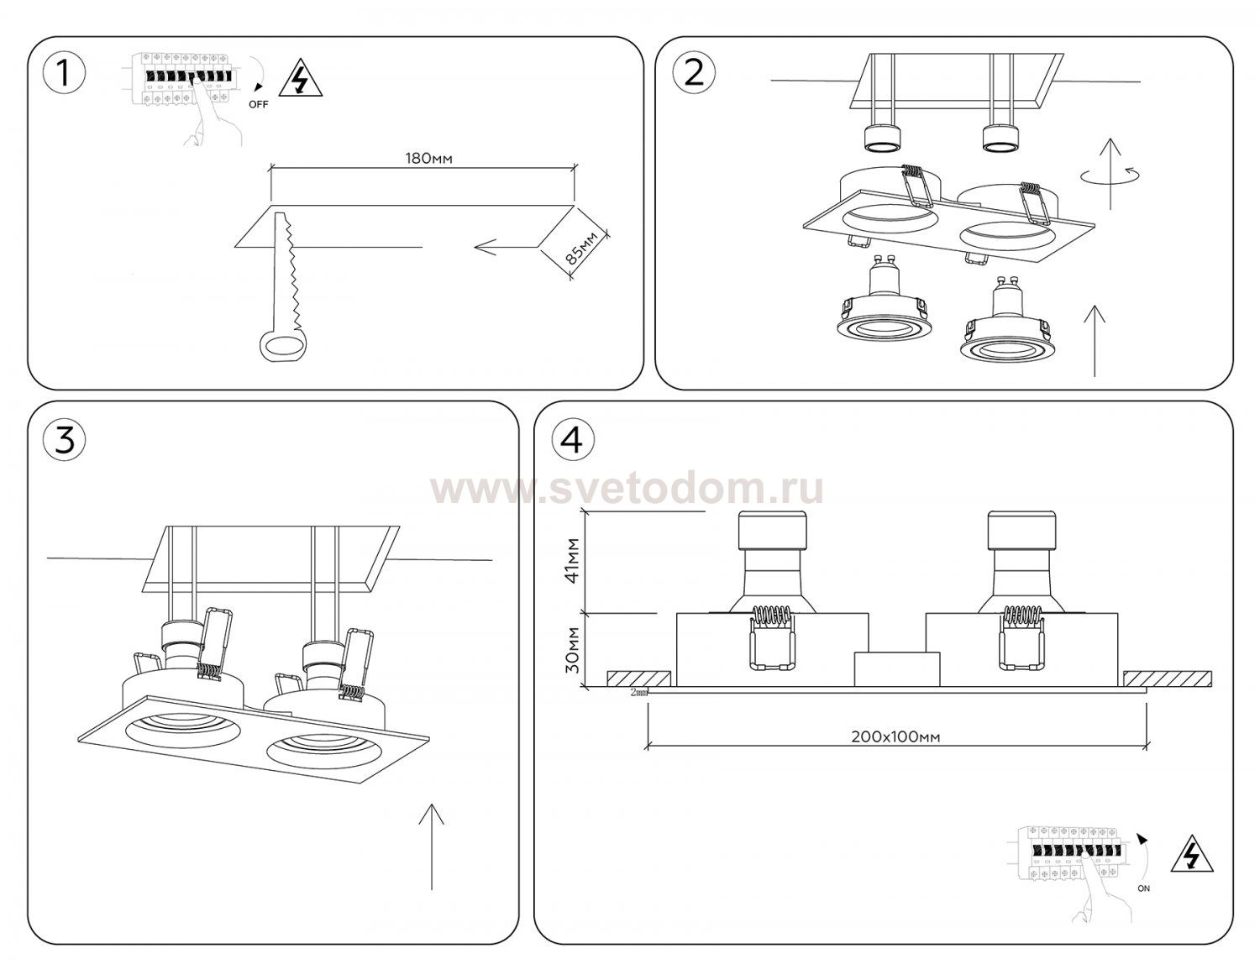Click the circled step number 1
(x=65, y=74)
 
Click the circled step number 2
(x=694, y=74)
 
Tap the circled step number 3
(x=65, y=440)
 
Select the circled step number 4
(x=573, y=440)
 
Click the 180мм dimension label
(x=428, y=158)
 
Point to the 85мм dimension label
(x=581, y=248)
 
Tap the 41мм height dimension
(x=573, y=560)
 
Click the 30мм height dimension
(x=573, y=649)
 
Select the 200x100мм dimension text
(x=895, y=736)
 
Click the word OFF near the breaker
(x=258, y=105)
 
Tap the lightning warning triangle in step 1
(x=301, y=81)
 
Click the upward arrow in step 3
(x=432, y=846)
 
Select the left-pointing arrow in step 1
(x=507, y=248)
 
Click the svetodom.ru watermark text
(x=627, y=490)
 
